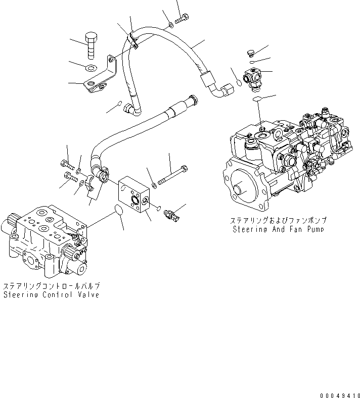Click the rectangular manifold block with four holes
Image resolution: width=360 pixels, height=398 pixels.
tap(136, 191)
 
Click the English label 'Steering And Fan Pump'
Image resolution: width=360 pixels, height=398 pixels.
tap(279, 229)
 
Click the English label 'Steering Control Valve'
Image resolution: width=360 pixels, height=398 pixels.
tap(51, 294)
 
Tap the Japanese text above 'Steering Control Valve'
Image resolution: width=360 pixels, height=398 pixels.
tap(51, 286)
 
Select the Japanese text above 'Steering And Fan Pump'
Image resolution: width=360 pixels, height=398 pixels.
tap(279, 220)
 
